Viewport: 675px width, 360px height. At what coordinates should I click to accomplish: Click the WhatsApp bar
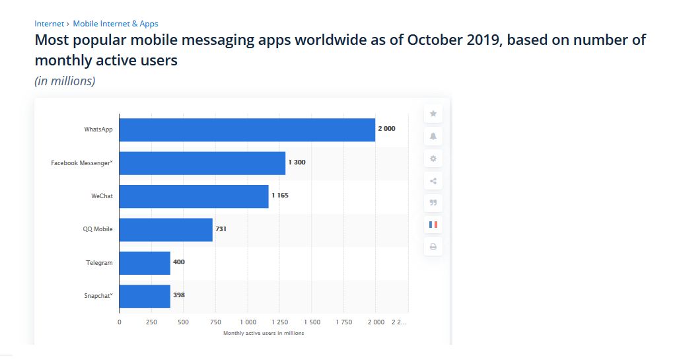[x=247, y=129]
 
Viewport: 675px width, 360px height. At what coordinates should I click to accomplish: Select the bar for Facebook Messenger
[x=202, y=162]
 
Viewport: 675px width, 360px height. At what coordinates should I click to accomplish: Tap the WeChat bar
[x=194, y=196]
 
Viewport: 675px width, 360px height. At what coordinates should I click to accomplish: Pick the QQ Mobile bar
[x=166, y=229]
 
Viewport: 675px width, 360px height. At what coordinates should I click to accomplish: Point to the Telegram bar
[x=145, y=262]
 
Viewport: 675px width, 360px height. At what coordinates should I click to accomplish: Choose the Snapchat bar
[x=145, y=295]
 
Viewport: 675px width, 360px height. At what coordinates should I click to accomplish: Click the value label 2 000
[x=387, y=129]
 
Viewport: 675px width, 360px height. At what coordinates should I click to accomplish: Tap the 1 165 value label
[x=280, y=196]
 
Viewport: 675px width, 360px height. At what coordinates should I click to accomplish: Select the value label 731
[x=221, y=229]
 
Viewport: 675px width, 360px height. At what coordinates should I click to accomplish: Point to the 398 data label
[x=179, y=295]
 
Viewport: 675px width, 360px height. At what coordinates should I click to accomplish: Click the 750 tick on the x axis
[x=215, y=322]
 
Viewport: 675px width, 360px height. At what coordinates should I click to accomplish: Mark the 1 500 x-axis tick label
[x=311, y=322]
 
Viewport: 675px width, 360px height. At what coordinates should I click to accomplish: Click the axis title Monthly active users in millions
[x=264, y=333]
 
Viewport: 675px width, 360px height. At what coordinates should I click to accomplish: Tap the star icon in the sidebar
[x=433, y=114]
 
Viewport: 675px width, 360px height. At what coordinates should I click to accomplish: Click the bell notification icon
[x=433, y=136]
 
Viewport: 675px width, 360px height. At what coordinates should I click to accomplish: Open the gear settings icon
[x=433, y=159]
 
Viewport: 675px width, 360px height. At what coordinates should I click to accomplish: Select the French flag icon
[x=433, y=225]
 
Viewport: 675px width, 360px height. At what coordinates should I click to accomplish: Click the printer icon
[x=433, y=247]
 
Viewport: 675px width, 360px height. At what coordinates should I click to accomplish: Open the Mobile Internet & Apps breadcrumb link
[x=116, y=24]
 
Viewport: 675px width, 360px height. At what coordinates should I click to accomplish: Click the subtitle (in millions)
[x=65, y=81]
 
